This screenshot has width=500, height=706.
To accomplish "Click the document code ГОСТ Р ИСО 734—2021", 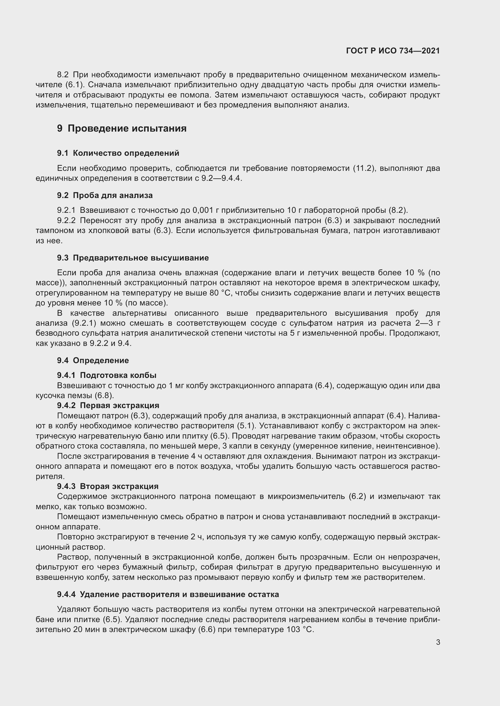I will coord(393,51).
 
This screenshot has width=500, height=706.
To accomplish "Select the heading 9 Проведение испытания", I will coord(122,128).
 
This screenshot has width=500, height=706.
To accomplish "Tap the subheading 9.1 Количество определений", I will coord(118,153).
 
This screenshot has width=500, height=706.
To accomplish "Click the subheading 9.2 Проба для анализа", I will coord(105,195).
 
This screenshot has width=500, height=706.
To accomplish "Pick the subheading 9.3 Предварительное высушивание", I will coord(133,258).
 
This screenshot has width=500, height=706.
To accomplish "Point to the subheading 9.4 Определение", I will coord(93,360).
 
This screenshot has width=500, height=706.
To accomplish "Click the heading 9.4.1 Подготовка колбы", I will coord(106,375).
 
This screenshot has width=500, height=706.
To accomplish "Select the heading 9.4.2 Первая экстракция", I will coord(108,405).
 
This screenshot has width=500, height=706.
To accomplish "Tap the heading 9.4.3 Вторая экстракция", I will coord(107,486).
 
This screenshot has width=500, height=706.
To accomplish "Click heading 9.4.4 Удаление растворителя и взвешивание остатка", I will coord(168,594).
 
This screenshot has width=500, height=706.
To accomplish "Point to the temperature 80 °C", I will coord(221,293).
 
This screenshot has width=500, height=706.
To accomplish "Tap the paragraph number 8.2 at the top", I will coord(63,75).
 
